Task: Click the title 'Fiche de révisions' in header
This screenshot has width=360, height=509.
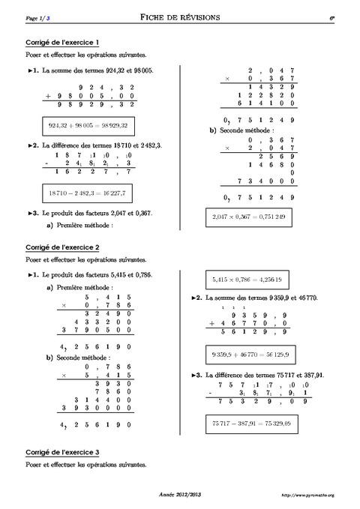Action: pos(179,17)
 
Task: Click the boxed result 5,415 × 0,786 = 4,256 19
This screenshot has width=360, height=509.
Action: pos(247,278)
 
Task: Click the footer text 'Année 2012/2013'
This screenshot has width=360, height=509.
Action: pos(179,496)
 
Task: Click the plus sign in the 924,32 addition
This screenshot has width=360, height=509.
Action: pos(49,97)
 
